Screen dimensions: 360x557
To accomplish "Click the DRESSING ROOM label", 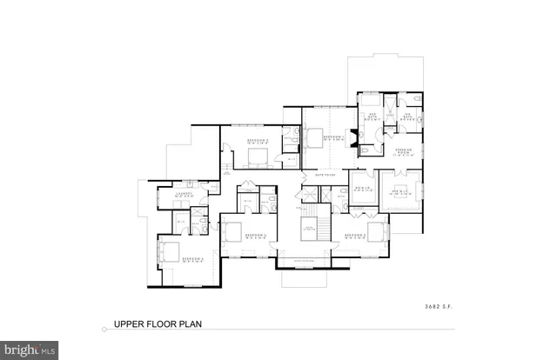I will pyautogui.click(x=404, y=151).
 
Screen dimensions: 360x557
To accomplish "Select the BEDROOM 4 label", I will pyautogui.click(x=194, y=259).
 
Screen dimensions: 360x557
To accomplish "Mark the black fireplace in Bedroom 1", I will pyautogui.click(x=352, y=137).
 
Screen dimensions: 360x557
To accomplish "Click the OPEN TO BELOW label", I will pyautogui.click(x=308, y=228).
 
